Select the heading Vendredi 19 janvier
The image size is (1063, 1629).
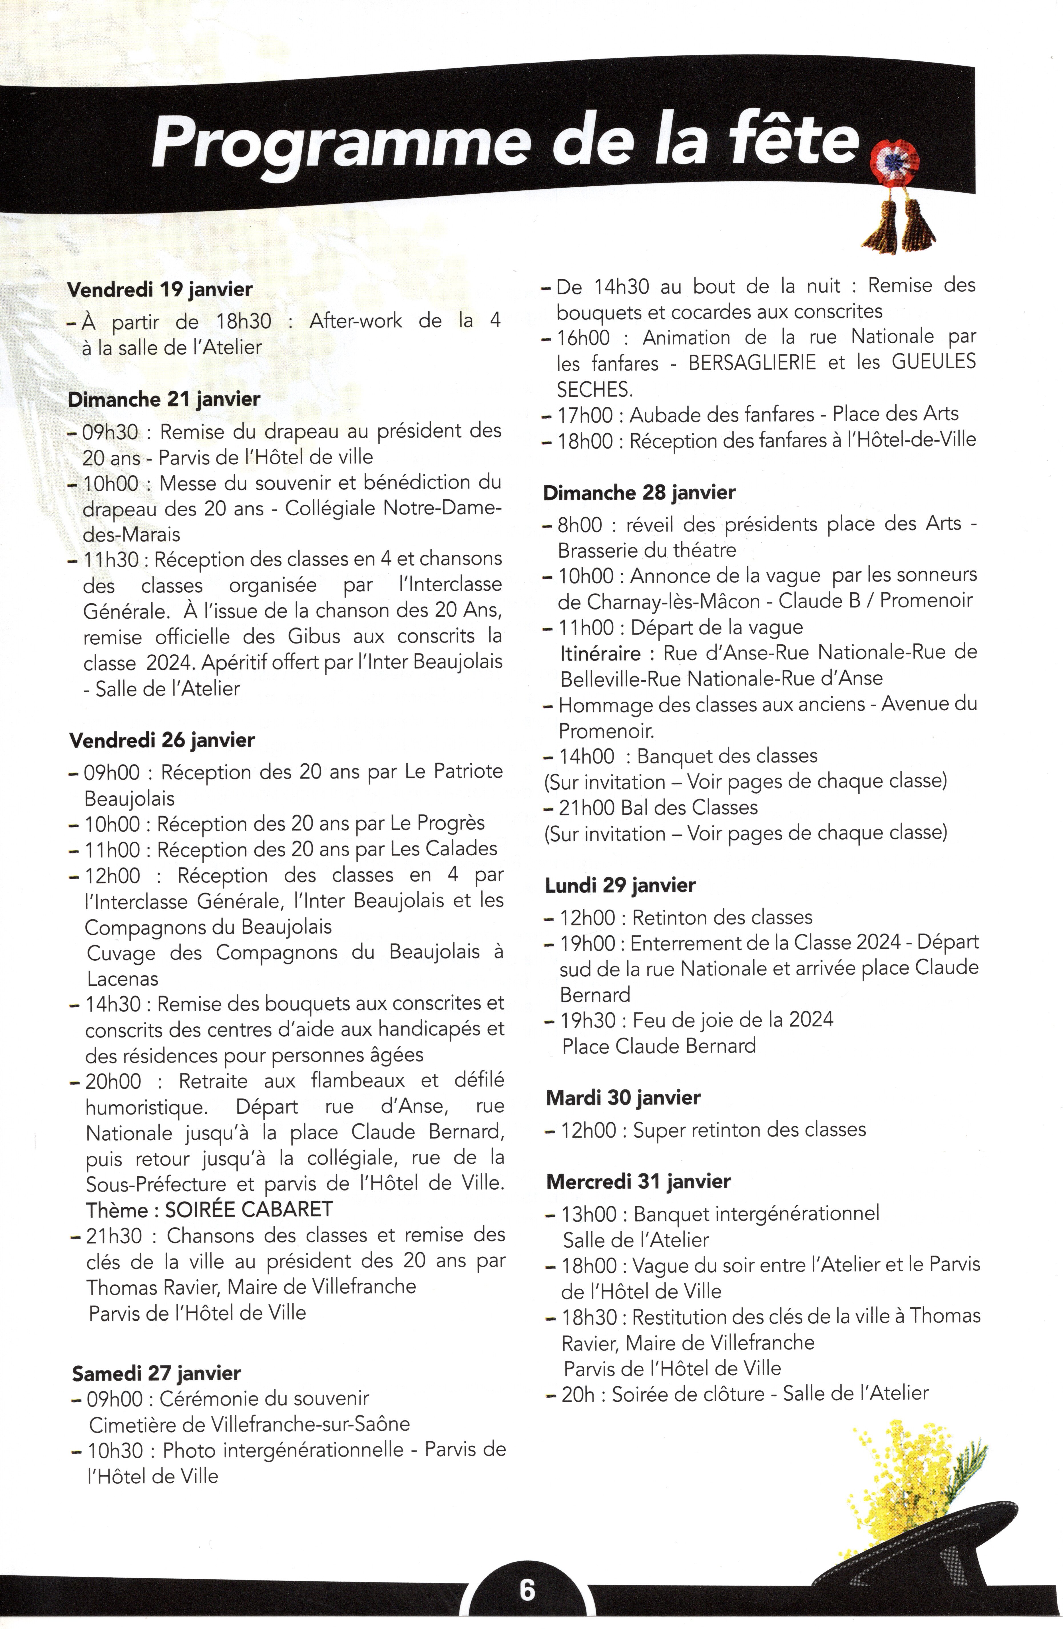coord(160,289)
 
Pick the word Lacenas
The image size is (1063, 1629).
coord(122,979)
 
